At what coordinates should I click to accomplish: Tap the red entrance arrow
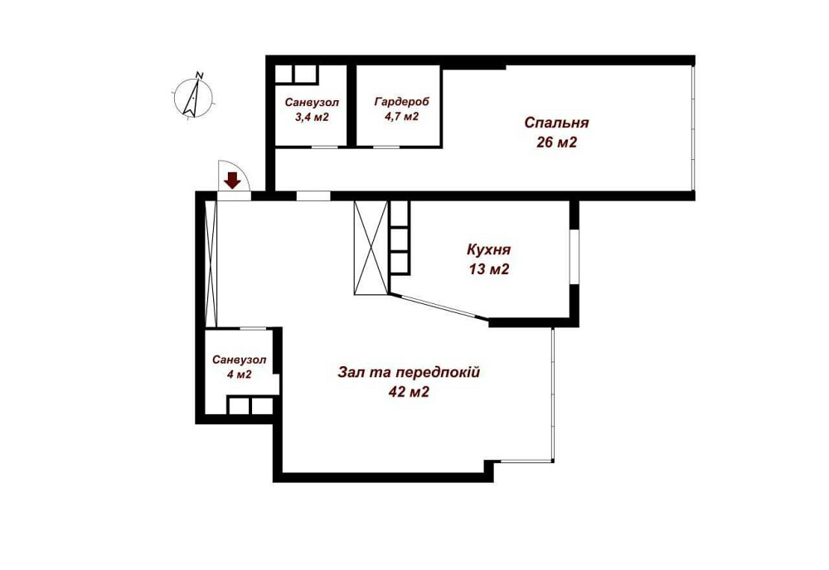point(233,179)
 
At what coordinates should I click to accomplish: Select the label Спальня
point(556,123)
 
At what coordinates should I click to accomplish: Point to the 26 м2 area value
point(556,142)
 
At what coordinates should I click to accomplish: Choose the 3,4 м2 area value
point(312,117)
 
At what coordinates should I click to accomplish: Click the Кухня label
point(487,250)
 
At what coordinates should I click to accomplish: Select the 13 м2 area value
point(487,269)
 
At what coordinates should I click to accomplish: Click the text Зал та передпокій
point(408,372)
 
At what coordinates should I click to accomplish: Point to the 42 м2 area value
point(408,392)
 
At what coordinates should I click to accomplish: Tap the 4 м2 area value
point(239,374)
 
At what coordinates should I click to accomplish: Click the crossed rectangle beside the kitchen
point(370,247)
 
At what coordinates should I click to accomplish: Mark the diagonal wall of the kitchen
point(439,307)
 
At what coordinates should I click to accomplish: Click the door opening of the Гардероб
point(385,147)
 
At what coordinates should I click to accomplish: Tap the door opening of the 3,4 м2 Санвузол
point(324,147)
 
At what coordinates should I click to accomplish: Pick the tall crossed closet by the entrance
point(211,262)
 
